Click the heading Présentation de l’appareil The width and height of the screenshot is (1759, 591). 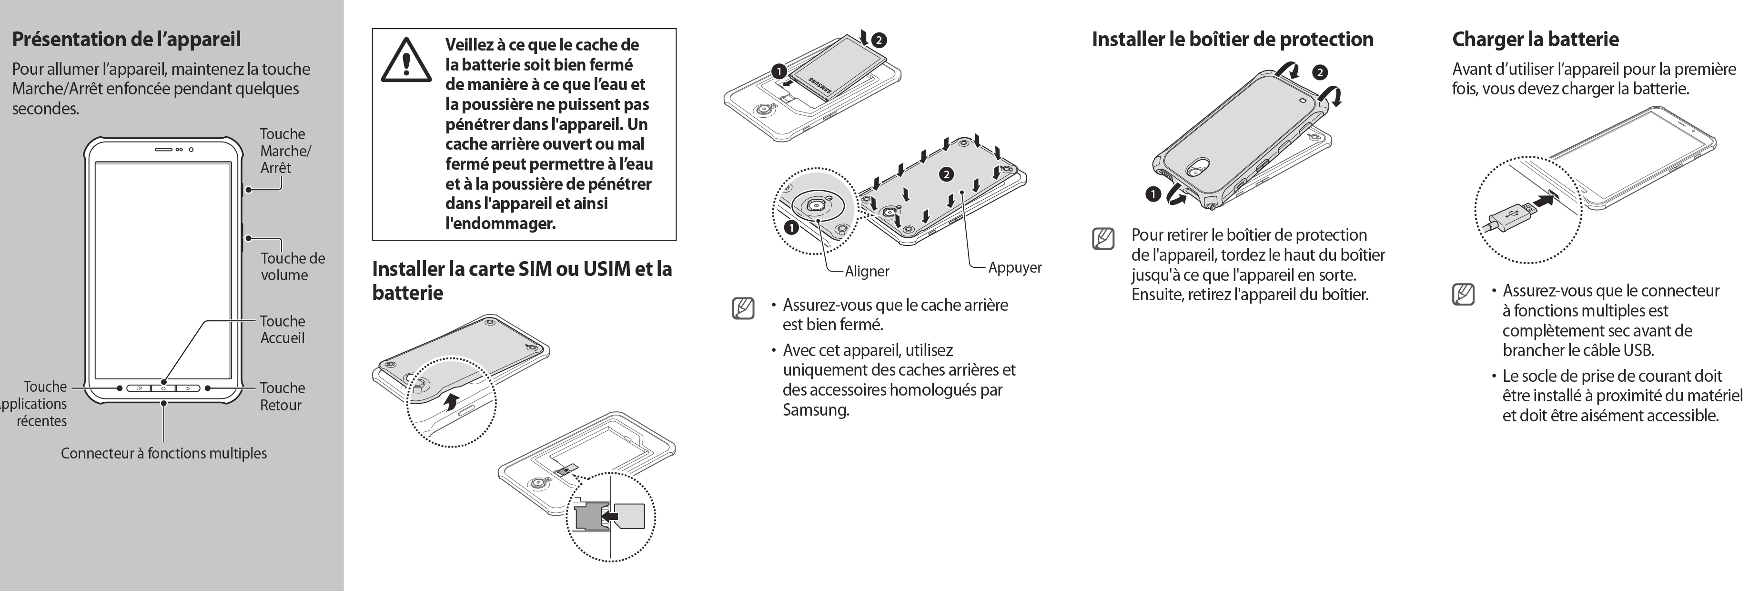click(126, 39)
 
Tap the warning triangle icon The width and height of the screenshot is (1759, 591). click(405, 60)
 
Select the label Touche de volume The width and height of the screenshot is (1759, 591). click(292, 266)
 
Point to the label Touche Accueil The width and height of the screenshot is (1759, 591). click(282, 329)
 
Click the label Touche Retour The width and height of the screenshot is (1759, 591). click(281, 396)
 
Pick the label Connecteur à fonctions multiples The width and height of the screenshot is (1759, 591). click(164, 453)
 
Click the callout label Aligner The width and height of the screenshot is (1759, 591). click(867, 271)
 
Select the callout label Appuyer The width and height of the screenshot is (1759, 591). click(1015, 268)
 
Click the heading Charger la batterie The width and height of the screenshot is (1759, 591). click(1535, 39)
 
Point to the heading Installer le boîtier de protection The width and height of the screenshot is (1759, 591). click(1233, 39)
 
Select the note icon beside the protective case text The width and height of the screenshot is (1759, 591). click(1103, 239)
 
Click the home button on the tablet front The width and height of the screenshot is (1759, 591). click(163, 388)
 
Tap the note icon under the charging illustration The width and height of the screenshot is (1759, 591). click(1463, 295)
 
